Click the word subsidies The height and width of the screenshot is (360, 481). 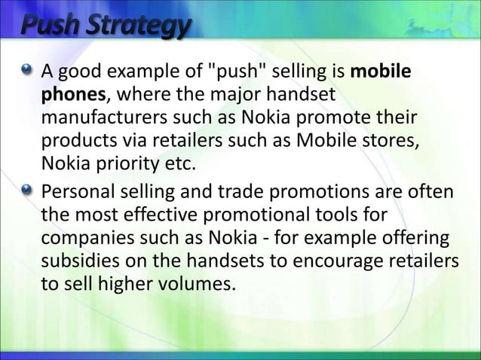tap(77, 261)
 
